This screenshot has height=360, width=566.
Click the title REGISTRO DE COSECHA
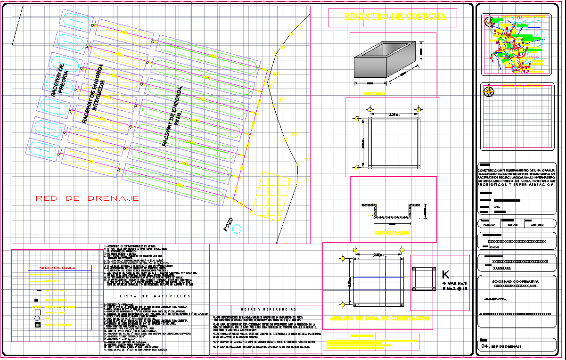coord(395,17)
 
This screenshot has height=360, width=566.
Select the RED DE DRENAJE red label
coord(87,198)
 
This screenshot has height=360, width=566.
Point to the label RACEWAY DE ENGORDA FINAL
coord(172,115)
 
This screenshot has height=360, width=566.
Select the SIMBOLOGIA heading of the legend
coord(57,268)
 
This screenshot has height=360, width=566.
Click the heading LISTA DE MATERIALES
coord(156,296)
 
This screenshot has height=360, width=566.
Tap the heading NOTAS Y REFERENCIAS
coord(267,309)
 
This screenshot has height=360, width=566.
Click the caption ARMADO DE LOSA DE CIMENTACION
coord(379,318)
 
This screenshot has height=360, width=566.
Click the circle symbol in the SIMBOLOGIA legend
coord(37,318)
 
